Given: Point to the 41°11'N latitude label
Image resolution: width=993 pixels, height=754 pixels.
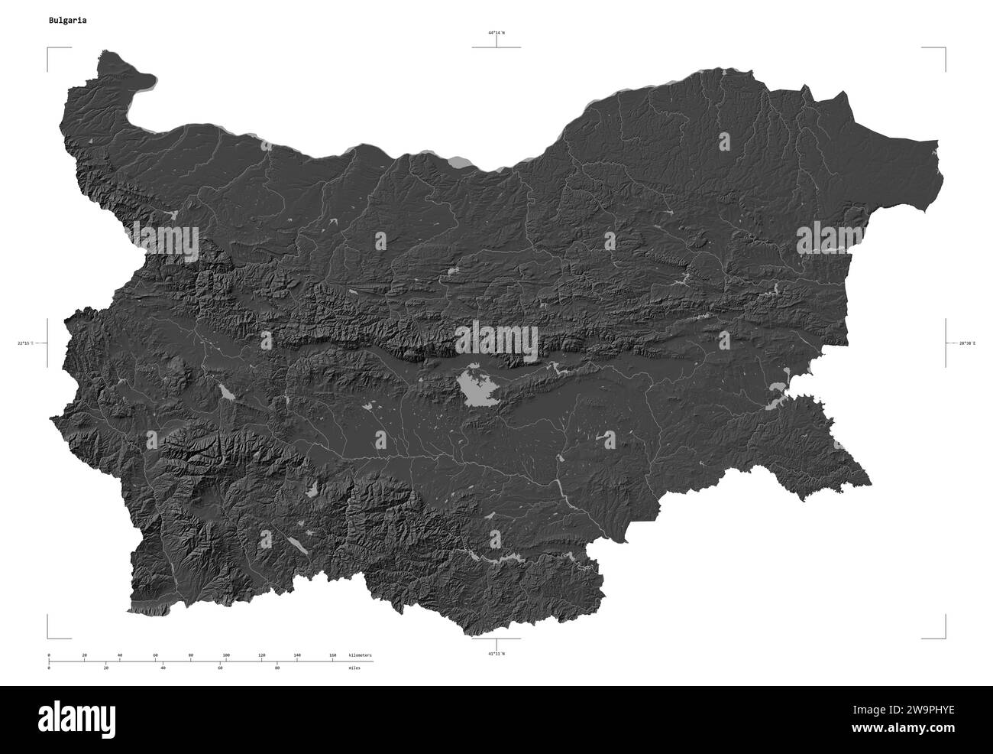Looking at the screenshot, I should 496,655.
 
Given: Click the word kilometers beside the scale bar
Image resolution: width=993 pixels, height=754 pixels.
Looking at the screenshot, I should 360,655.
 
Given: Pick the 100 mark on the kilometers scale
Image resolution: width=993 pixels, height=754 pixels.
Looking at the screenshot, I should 226,655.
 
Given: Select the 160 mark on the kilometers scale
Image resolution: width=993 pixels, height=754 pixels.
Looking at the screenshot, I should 332,655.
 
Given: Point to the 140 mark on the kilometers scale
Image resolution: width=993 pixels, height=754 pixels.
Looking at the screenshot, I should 297,655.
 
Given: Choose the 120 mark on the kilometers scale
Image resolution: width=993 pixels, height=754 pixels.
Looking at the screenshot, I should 262,655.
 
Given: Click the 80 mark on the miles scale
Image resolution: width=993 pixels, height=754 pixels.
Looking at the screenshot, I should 277,668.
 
